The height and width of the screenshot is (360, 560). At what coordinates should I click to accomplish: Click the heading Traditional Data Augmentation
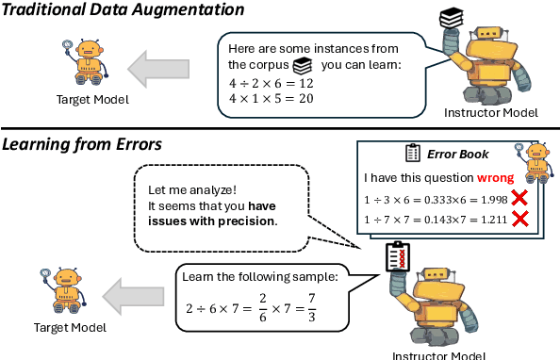(124, 10)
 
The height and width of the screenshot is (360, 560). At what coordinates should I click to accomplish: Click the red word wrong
(494, 176)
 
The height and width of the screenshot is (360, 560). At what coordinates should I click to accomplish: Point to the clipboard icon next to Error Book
(412, 153)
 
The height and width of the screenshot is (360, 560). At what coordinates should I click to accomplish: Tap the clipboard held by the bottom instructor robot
(395, 255)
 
